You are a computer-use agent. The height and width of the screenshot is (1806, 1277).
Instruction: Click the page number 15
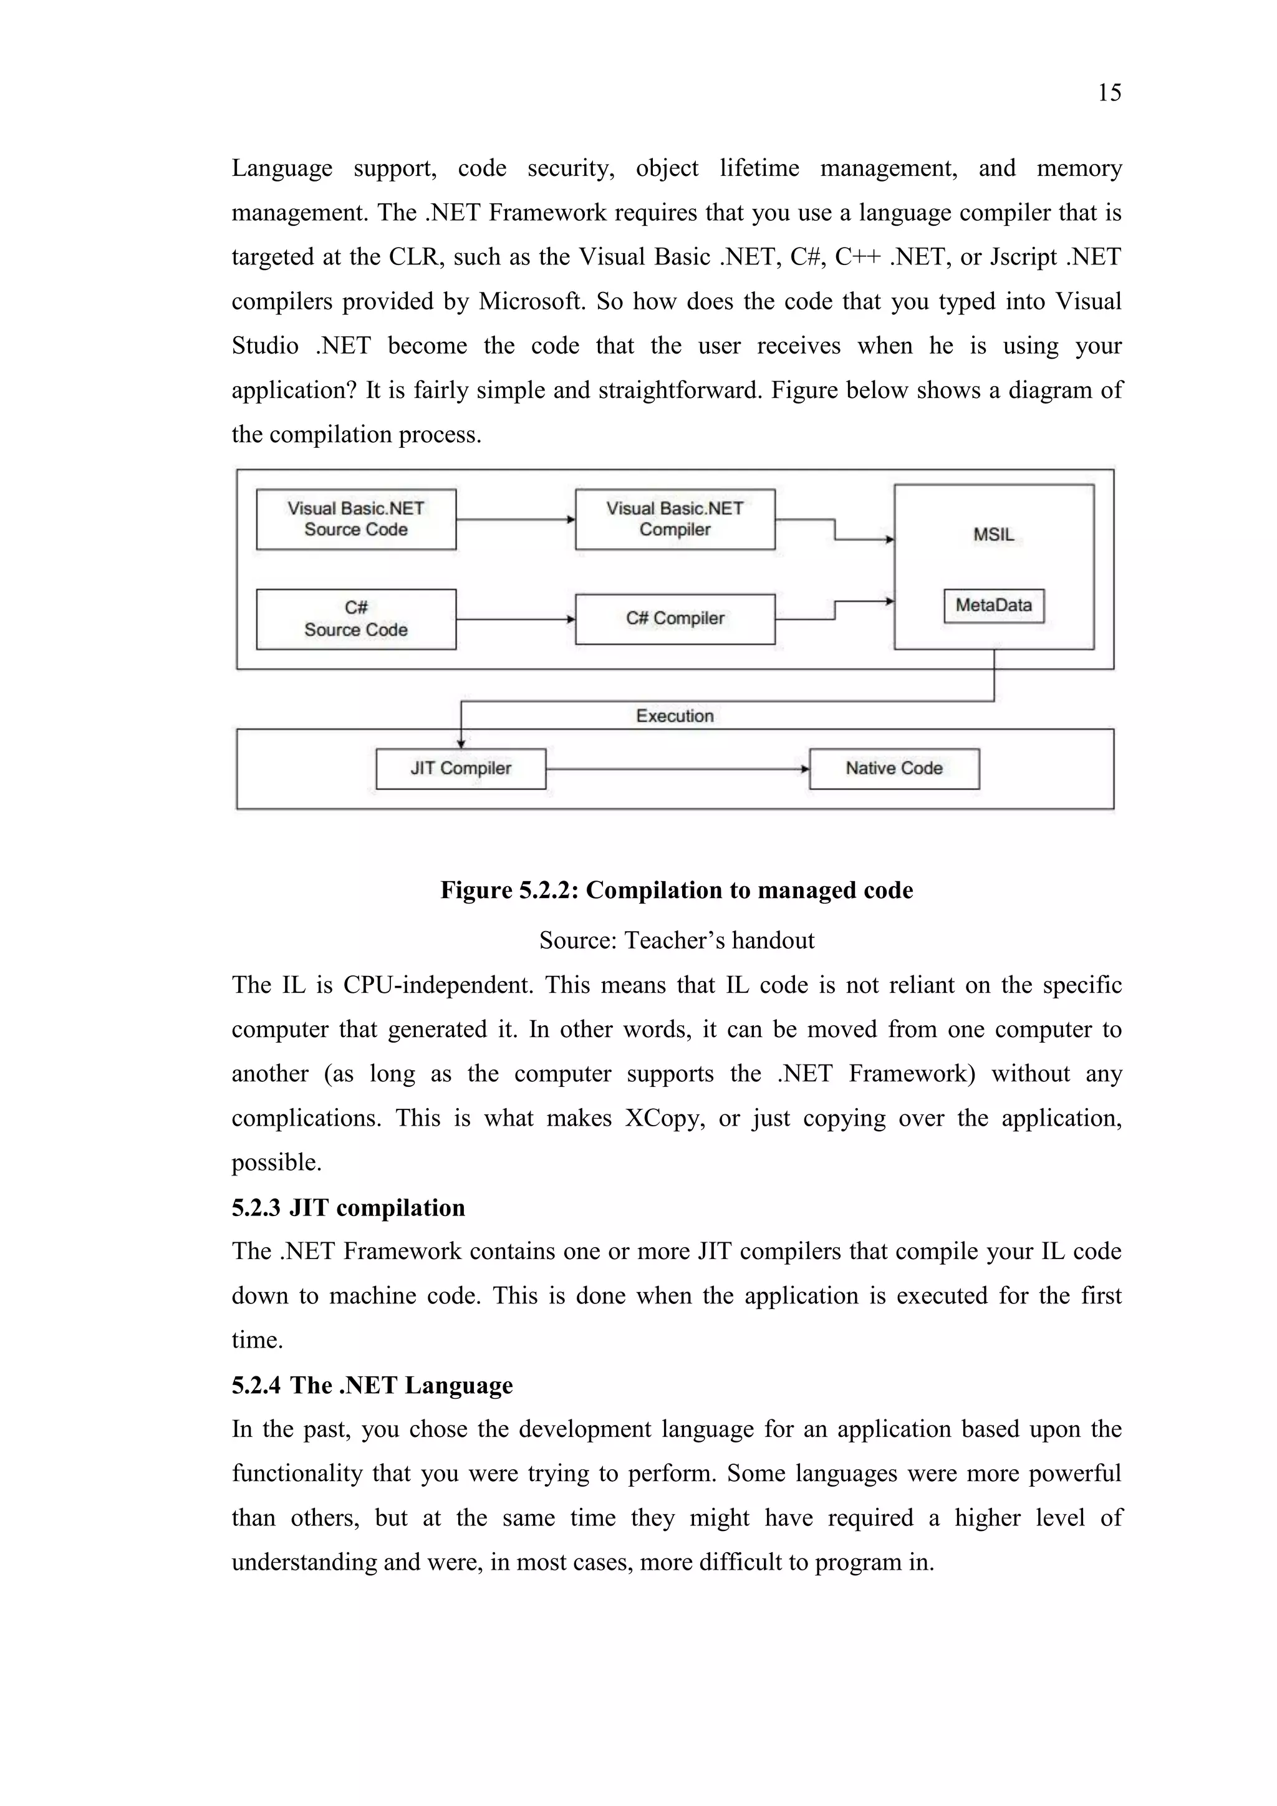[1109, 93]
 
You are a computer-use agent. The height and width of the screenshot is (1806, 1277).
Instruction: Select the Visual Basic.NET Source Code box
[356, 519]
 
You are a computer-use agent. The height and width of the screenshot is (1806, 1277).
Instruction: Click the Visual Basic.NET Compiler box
[675, 519]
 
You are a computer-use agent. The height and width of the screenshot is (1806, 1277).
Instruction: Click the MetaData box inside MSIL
[993, 606]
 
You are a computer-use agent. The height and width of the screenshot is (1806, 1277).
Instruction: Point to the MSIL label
[993, 535]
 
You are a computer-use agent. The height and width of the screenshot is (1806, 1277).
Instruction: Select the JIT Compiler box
[461, 768]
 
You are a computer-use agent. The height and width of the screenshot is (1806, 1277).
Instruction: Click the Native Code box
[894, 768]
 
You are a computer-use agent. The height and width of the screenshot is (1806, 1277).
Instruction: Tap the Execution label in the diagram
[675, 716]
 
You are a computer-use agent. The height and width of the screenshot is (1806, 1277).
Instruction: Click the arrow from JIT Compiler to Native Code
[677, 768]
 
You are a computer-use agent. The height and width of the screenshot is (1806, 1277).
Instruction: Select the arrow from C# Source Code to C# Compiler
[515, 619]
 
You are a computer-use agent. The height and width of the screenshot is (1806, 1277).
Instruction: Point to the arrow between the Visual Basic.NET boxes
[515, 519]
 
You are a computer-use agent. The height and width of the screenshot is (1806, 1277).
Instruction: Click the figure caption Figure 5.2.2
[677, 890]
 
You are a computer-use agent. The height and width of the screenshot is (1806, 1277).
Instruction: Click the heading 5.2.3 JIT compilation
[349, 1207]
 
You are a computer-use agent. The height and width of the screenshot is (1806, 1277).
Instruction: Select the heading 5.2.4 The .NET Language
[372, 1385]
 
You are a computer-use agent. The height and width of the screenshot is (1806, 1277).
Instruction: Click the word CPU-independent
[438, 985]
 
